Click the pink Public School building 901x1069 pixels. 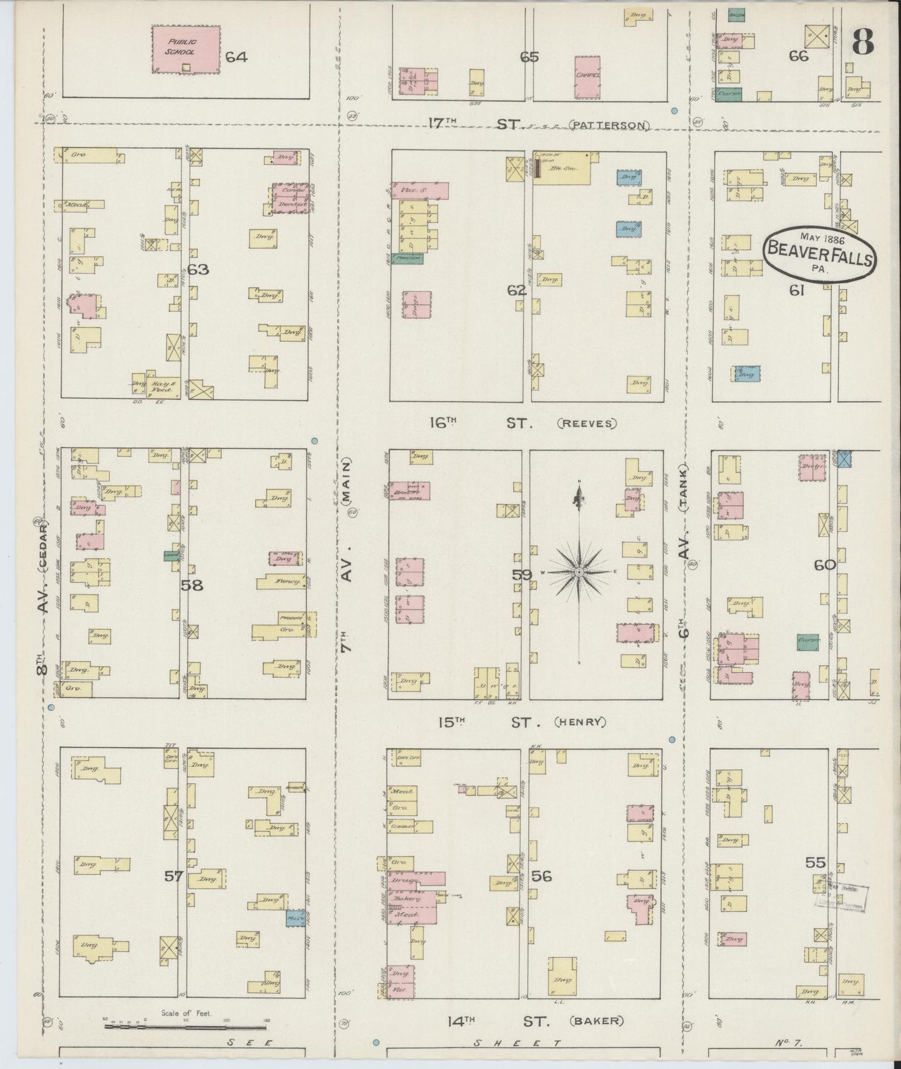pyautogui.click(x=186, y=49)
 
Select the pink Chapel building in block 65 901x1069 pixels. pyautogui.click(x=588, y=77)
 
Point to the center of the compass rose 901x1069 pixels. pyautogui.click(x=579, y=572)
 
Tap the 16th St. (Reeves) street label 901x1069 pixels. pyautogui.click(x=523, y=423)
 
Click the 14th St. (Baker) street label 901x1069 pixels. pyautogui.click(x=535, y=1021)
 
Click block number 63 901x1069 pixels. pyautogui.click(x=198, y=270)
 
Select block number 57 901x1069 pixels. pyautogui.click(x=173, y=876)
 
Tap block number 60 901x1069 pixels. pyautogui.click(x=824, y=565)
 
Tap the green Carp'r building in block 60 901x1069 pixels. pyautogui.click(x=808, y=642)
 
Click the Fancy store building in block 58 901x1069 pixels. pyautogui.click(x=282, y=581)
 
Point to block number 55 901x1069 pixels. pyautogui.click(x=815, y=863)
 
